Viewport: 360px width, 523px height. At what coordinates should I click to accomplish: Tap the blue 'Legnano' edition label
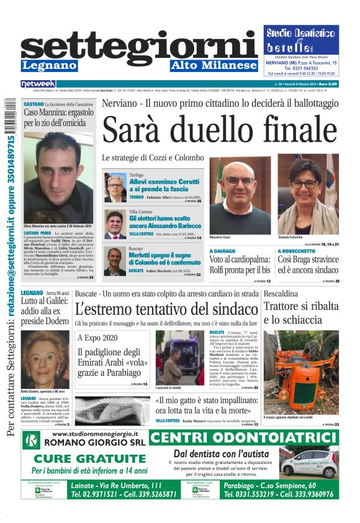(x=49, y=65)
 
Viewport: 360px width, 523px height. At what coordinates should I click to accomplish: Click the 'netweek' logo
(x=38, y=83)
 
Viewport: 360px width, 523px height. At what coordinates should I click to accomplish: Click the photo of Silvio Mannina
(x=57, y=176)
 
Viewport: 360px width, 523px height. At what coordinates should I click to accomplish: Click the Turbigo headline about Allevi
(x=164, y=184)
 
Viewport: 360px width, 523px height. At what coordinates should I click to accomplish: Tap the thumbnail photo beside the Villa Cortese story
(x=115, y=224)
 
